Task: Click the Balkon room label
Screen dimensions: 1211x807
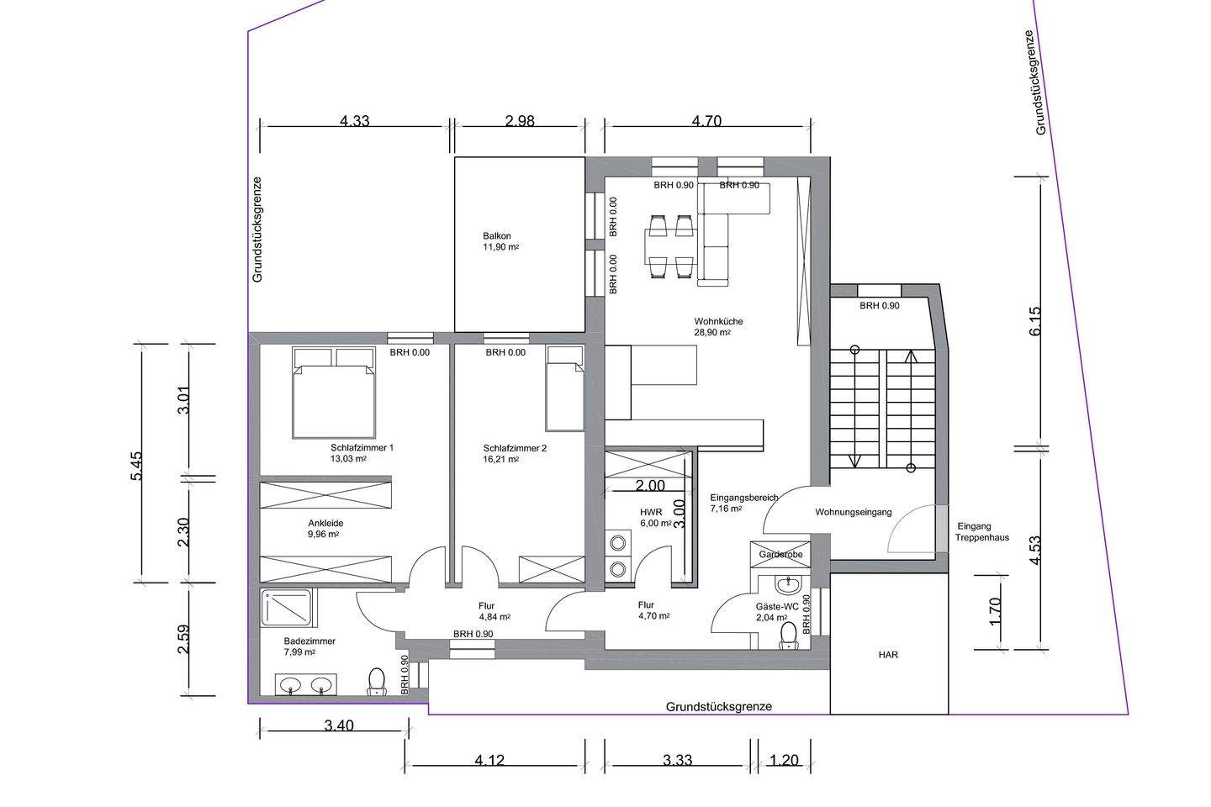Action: click(x=497, y=236)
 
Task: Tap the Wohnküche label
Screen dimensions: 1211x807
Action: click(x=718, y=321)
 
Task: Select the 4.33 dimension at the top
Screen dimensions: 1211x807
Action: click(x=355, y=120)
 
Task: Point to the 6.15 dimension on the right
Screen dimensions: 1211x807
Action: click(x=1034, y=321)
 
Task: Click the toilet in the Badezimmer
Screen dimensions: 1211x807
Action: click(x=376, y=682)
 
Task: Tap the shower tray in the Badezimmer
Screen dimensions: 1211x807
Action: click(x=287, y=608)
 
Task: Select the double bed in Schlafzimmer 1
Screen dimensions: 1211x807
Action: click(x=334, y=393)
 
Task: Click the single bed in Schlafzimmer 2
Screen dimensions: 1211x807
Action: click(x=564, y=389)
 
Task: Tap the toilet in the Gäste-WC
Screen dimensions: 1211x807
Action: click(x=790, y=636)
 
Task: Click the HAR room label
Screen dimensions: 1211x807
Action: click(x=888, y=655)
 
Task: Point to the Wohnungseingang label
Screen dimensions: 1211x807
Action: click(x=854, y=512)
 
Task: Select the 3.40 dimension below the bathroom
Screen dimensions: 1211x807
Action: click(x=339, y=725)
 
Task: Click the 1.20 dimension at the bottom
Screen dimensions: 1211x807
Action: click(x=784, y=760)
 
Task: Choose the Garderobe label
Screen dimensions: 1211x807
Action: click(x=780, y=555)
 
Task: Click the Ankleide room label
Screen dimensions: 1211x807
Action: click(x=325, y=523)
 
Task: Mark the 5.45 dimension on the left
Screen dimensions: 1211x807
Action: click(x=136, y=466)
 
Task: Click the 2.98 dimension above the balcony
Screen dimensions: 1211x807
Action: click(x=520, y=120)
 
